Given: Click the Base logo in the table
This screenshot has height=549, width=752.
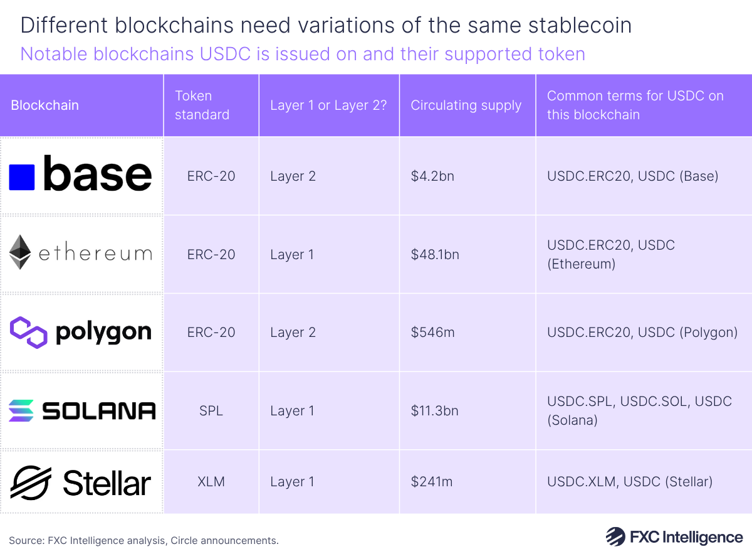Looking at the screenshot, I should pos(81,176).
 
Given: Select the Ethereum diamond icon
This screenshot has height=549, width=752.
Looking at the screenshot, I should pos(20,253).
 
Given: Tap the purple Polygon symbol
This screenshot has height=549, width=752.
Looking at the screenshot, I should pos(29,332).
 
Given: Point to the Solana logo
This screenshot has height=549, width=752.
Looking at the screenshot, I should pos(81,410).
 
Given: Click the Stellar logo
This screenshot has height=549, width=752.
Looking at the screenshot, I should pos(81,482).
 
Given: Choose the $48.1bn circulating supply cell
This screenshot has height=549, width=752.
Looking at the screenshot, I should pos(435,254).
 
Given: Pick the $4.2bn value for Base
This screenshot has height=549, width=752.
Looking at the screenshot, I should pos(432,176).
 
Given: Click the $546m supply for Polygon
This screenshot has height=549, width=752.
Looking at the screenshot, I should pos(432,332).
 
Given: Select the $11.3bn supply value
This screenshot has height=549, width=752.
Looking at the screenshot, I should pos(435,411).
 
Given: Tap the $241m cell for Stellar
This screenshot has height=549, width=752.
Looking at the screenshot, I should pos(432,482).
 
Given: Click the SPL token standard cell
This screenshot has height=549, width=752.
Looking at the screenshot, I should pos(211,411).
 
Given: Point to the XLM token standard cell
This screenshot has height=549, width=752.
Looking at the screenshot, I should pos(211,482).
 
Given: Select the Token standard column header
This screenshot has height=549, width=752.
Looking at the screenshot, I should pos(202,105).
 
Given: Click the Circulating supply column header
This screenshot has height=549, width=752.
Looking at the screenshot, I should pos(466,105).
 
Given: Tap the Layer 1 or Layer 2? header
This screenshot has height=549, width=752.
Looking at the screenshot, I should pos(328,105).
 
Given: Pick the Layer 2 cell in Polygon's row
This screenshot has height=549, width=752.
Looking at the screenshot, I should pos(293,332).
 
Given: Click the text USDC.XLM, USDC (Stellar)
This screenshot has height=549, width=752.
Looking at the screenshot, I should pos(629,482).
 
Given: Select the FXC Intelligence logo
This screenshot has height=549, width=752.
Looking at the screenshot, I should pos(674,537).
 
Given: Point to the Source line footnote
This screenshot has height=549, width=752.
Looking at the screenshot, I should pos(144,540).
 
